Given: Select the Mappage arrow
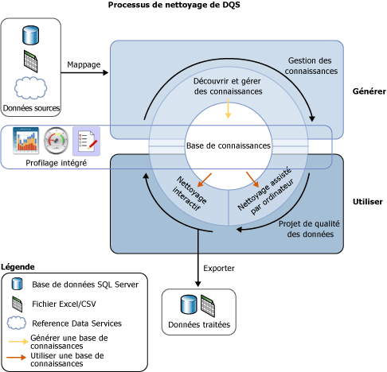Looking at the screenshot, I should [x=84, y=73].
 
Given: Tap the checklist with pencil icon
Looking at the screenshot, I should [x=86, y=141].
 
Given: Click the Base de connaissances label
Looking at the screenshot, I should [x=229, y=146].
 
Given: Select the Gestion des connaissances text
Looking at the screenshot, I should [x=311, y=66].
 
